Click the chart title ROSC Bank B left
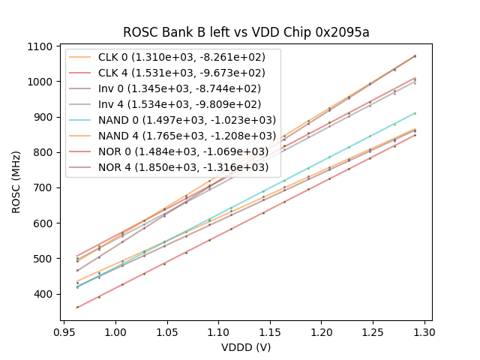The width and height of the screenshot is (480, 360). tap(246, 32)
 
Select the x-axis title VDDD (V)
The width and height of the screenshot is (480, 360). tap(245, 347)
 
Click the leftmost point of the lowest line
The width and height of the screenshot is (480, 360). tap(77, 307)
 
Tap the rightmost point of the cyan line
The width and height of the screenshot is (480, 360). tap(415, 113)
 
